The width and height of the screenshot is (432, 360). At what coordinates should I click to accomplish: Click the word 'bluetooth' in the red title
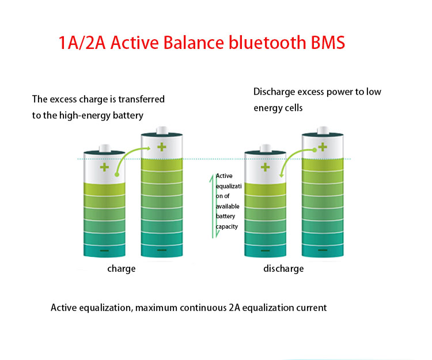coord(267,43)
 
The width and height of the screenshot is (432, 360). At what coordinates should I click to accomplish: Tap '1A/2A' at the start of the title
coord(82,43)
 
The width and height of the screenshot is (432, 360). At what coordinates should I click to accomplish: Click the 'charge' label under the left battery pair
coord(121,268)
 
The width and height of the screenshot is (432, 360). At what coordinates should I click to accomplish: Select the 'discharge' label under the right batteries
coord(283,268)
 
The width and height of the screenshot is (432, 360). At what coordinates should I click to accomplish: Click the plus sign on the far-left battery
coord(104,167)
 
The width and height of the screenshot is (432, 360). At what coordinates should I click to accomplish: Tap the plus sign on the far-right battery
coord(323,147)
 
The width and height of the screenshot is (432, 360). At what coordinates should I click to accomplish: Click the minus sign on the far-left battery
coord(104,251)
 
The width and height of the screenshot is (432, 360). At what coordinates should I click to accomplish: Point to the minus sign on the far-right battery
coord(323,250)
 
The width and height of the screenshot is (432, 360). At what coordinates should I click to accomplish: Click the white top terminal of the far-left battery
coord(105,148)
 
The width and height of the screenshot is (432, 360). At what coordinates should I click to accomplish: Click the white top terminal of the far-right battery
coord(323,130)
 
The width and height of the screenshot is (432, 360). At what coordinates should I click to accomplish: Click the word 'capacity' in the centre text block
coord(227,227)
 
